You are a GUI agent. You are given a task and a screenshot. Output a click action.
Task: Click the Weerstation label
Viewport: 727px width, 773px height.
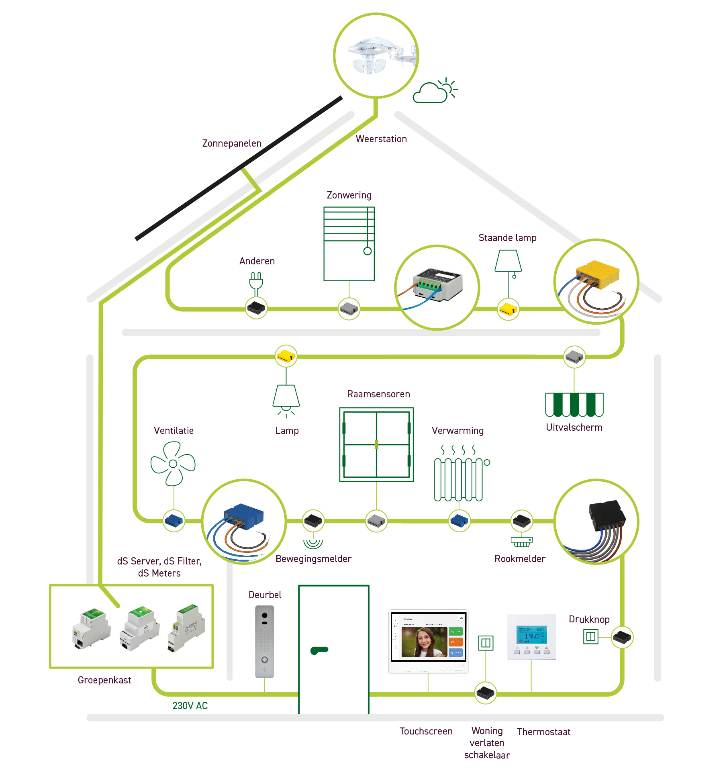coord(381,139)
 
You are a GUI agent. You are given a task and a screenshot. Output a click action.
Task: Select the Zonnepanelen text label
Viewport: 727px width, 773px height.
coord(232,143)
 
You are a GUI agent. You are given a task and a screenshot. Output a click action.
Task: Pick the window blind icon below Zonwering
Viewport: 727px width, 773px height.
coord(349,243)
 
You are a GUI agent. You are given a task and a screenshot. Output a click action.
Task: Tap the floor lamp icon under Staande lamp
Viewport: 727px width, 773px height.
coord(508,263)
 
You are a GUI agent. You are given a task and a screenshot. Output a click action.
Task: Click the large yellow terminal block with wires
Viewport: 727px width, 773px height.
coord(597,276)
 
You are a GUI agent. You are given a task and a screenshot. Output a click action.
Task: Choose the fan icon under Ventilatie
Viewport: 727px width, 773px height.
coord(173,464)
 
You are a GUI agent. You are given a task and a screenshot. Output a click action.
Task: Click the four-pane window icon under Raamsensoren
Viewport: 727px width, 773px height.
coord(376,444)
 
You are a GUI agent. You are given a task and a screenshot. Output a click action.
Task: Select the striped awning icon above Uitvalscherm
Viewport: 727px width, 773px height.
coord(574,405)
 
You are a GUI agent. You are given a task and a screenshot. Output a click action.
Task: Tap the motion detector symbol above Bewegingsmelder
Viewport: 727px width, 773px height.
coord(313,542)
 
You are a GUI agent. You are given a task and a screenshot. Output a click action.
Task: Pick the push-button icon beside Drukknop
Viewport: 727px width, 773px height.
coord(590,636)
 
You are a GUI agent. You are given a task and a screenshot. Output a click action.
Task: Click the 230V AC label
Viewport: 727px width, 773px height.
coord(190,706)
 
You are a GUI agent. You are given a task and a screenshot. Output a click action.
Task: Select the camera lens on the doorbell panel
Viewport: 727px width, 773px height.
coord(265,616)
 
